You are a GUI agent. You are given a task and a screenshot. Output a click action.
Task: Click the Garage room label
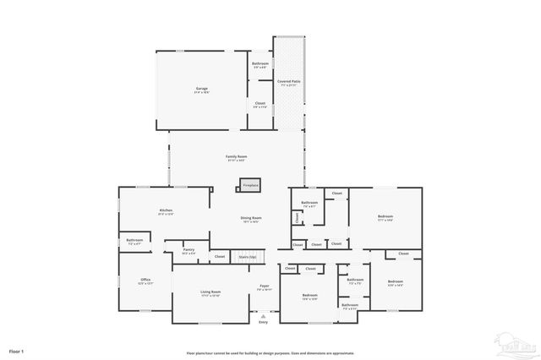pyautogui.click(x=202, y=89)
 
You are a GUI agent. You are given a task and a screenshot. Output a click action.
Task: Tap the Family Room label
pyautogui.click(x=236, y=157)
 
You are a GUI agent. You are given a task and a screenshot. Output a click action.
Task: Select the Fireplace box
pyautogui.click(x=250, y=184)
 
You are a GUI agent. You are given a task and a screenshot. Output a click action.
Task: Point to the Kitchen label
pyautogui.click(x=166, y=210)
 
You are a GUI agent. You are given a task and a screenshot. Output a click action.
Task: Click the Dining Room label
pyautogui.click(x=252, y=218)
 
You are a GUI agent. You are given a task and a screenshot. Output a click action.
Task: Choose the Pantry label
pyautogui.click(x=189, y=249)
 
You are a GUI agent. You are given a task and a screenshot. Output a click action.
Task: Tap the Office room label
pyautogui.click(x=145, y=280)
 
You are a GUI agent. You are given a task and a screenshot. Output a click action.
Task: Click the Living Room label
pyautogui.click(x=210, y=292)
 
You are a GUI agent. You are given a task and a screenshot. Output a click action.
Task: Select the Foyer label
pyautogui.click(x=264, y=286)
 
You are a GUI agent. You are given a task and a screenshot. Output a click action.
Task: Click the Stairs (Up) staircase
pyautogui.click(x=247, y=256)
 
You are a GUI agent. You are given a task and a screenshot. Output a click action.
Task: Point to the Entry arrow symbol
pyautogui.click(x=263, y=314)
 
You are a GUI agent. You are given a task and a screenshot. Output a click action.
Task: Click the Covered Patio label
pyautogui.click(x=289, y=81)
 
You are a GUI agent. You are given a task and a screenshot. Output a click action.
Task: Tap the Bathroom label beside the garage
pyautogui.click(x=260, y=64)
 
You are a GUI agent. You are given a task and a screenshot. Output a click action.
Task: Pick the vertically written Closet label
pyautogui.click(x=298, y=218)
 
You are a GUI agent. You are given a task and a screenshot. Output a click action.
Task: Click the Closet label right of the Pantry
pyautogui.click(x=219, y=256)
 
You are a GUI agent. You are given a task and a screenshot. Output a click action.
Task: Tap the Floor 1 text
pyautogui.click(x=17, y=350)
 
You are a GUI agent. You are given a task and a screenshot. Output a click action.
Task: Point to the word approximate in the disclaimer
pyautogui.click(x=342, y=353)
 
